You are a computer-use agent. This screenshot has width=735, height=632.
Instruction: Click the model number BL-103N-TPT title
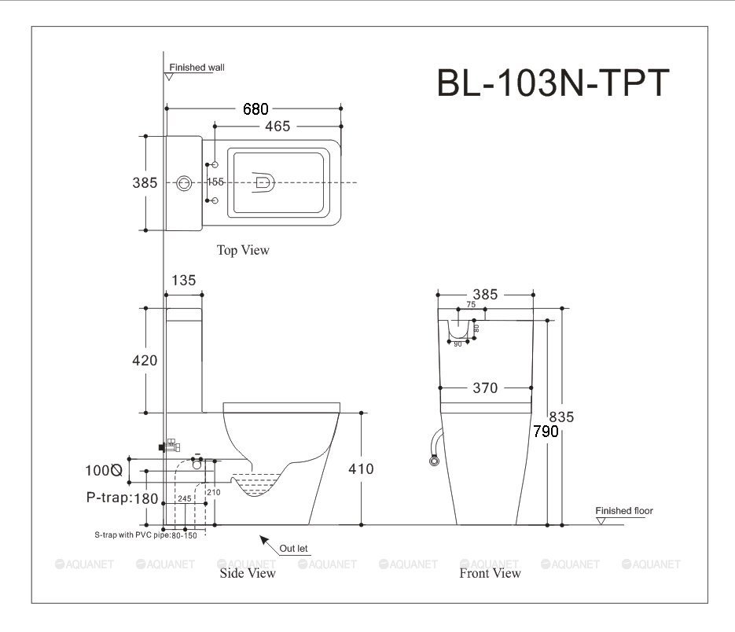click(553, 83)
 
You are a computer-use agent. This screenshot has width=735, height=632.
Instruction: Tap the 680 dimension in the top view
click(255, 109)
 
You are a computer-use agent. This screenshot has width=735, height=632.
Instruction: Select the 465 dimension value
click(277, 126)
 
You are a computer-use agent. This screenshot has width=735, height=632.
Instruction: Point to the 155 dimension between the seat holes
click(215, 182)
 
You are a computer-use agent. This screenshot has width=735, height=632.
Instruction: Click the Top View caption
click(243, 250)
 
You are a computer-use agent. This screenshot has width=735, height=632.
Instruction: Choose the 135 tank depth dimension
click(183, 280)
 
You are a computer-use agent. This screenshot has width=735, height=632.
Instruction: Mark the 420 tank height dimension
click(144, 361)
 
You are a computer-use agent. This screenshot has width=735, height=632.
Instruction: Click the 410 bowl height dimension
click(361, 469)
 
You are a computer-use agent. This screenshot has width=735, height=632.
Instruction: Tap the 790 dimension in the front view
click(546, 432)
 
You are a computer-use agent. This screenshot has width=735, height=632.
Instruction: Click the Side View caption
click(247, 573)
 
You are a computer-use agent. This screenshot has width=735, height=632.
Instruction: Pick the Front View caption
click(490, 573)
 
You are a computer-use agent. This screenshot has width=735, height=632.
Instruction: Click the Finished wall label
click(197, 68)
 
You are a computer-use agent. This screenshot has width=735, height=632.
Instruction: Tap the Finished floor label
click(624, 511)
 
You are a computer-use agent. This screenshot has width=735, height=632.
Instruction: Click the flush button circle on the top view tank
click(185, 182)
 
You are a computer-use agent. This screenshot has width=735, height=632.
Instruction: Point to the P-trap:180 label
click(122, 498)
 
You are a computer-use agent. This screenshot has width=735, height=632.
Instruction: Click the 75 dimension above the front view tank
click(471, 304)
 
